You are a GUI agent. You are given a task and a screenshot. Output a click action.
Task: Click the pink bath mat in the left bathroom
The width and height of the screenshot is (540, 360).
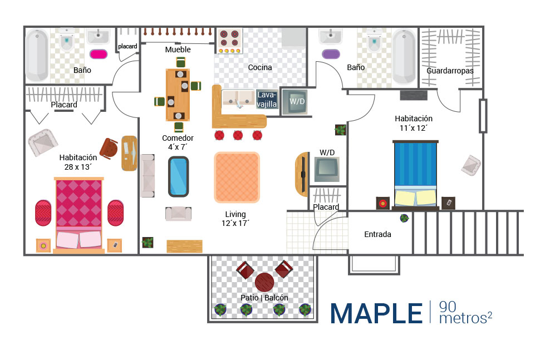tap(99, 54)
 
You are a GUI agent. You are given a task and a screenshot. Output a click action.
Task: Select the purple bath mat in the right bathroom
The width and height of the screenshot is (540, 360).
tap(331, 54)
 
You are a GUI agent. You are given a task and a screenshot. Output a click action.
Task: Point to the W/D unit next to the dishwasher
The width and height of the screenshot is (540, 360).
tap(293, 102)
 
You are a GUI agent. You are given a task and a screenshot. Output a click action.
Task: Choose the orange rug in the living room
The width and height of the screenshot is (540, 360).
tap(237, 177)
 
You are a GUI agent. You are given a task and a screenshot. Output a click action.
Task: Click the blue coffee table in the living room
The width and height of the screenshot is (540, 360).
tap(179, 176)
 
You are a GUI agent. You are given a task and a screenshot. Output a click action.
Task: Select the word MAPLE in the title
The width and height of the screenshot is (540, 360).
tap(376, 313)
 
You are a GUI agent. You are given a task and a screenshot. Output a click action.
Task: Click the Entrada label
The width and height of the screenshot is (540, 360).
tap(377, 234)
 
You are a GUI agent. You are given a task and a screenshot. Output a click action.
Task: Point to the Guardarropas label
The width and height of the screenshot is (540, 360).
tap(450, 71)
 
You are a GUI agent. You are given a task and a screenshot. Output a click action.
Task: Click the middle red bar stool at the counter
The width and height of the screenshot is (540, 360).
tap(238, 135)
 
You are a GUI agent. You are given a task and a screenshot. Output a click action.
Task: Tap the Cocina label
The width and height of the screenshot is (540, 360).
tap(260, 67)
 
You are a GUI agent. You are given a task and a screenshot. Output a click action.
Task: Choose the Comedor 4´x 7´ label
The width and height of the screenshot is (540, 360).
tap(178, 142)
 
